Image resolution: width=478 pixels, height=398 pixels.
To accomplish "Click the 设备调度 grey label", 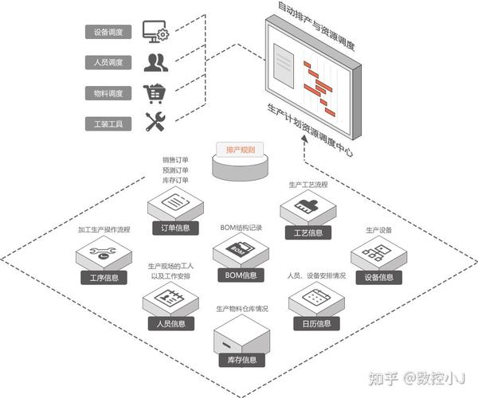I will pos(108,33).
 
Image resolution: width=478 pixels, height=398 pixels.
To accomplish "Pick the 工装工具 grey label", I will pos(108,123).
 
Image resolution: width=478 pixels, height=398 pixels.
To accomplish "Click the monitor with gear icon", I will pos(155,33).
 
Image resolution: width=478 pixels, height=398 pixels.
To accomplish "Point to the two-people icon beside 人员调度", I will pos(155,63).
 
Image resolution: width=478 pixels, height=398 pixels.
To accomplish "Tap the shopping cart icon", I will pos(155,93).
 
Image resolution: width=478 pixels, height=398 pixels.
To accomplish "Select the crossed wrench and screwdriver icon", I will pos(155,123).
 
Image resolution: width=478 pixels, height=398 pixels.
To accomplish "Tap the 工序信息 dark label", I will pos(104,278).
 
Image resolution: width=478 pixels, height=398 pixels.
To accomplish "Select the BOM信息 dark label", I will pos(241,275).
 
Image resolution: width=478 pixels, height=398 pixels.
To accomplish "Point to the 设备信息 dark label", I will pos(378,278).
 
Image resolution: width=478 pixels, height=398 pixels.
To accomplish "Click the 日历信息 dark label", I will pos(315,323).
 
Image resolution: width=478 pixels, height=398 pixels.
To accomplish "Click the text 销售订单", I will pos(175,159).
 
